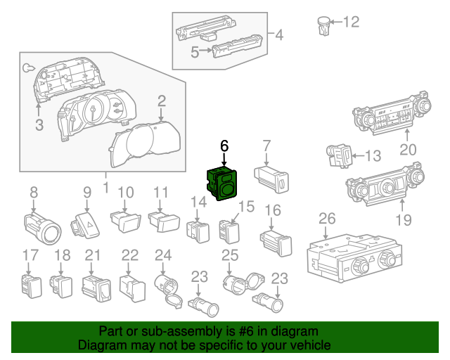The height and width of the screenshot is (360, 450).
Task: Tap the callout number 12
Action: [350, 22]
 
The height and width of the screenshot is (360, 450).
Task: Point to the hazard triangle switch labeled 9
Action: [86, 225]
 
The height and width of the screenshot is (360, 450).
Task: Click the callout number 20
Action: [408, 149]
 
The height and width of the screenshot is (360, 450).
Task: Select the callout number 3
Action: [39, 126]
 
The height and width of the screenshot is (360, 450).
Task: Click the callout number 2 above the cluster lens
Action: [162, 101]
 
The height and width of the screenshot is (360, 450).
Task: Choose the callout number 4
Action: [279, 34]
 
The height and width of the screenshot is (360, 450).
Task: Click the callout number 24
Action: [163, 255]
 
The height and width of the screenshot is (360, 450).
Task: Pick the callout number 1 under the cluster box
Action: [105, 188]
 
